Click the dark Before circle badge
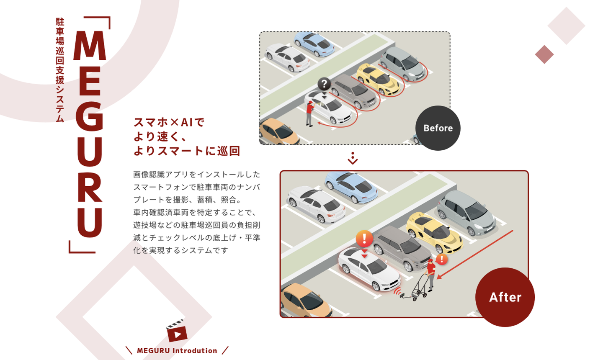438,128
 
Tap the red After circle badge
505,297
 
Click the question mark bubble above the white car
324,84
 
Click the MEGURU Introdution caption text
177,351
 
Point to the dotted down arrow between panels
353,158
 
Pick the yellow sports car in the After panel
434,232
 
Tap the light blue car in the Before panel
314,44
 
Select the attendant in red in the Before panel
310,113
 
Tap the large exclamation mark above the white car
364,238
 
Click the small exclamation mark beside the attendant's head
441,260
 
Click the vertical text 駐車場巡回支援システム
60,70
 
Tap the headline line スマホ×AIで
169,122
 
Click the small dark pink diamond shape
544,54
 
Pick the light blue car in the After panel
351,187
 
